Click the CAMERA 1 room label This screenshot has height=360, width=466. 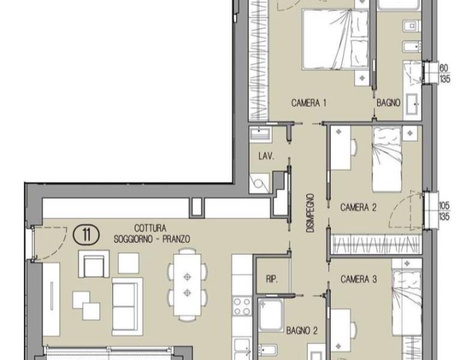coord(308,103)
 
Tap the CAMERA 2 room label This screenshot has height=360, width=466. coord(358,207)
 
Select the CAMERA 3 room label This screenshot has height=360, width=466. coord(359,279)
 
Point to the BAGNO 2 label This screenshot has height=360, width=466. coord(302,330)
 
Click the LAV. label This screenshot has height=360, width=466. coord(266,157)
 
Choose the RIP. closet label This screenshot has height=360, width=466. coord(272,279)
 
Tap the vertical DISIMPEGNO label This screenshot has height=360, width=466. coord(310,213)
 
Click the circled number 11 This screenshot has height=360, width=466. coord(86,235)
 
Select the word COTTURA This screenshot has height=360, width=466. coord(150,228)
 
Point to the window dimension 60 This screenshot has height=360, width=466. coord(443,68)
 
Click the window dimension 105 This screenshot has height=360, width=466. coord(444,205)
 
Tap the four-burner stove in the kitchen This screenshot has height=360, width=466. coord(242,306)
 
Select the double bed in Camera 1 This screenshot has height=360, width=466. coord(335,39)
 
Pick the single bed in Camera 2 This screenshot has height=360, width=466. coord(387,159)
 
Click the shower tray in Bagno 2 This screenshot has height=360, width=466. coord(270,315)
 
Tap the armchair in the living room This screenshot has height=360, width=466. coord(94,264)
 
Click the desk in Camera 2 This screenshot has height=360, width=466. coord(341,148)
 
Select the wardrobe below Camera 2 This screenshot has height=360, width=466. coord(377,244)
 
